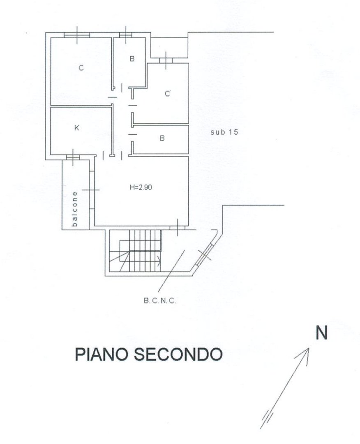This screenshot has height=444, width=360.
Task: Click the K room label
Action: pyautogui.click(x=76, y=128)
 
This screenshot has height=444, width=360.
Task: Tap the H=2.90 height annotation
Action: pyautogui.click(x=141, y=187)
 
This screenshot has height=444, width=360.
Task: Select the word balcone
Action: pyautogui.click(x=75, y=209)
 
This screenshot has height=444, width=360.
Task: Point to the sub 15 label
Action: pyautogui.click(x=224, y=132)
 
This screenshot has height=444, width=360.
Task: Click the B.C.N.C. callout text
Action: pyautogui.click(x=159, y=301)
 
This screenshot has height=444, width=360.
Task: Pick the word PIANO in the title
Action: pyautogui.click(x=102, y=354)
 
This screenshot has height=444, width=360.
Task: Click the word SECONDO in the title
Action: pyautogui.click(x=178, y=354)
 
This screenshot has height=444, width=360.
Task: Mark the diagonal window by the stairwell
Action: pyautogui.click(x=205, y=255)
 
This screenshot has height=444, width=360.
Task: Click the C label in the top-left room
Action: pyautogui.click(x=81, y=68)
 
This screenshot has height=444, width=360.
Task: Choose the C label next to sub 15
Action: pyautogui.click(x=168, y=93)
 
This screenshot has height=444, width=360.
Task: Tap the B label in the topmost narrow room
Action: pyautogui.click(x=132, y=59)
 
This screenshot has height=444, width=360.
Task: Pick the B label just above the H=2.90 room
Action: pyautogui.click(x=162, y=138)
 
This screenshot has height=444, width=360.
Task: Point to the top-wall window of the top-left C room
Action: pyautogui.click(x=77, y=35)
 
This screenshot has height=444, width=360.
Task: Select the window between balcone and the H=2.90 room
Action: pyautogui.click(x=91, y=190)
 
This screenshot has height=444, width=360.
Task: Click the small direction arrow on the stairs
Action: pyautogui.click(x=159, y=260)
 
